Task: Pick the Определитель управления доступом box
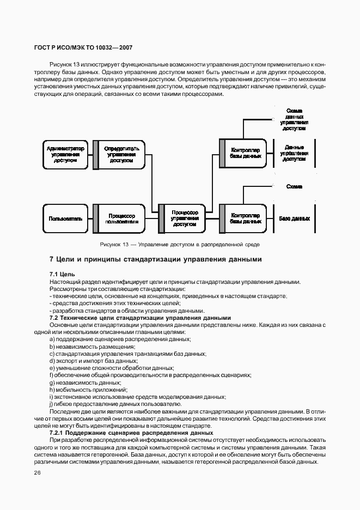point(119,154)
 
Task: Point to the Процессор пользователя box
point(119,218)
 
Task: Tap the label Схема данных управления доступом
point(294,120)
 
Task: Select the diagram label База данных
point(294,218)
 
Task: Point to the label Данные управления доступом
point(294,154)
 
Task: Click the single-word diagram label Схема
point(294,186)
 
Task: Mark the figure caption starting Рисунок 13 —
point(180,245)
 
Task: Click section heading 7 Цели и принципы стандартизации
point(155,259)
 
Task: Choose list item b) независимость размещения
point(91,347)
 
